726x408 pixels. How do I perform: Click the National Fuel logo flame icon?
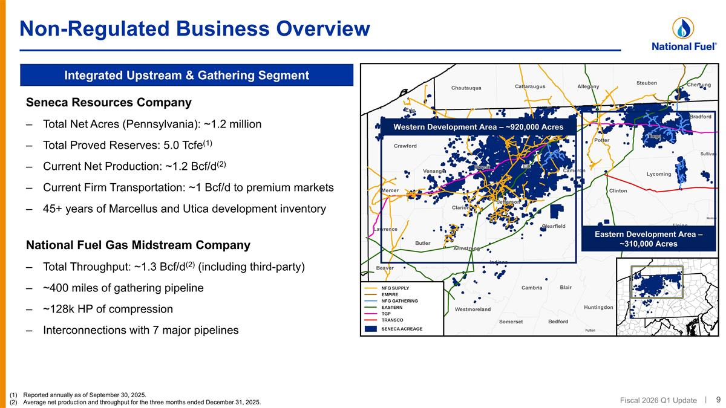683,28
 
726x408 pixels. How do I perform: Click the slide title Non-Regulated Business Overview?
194,28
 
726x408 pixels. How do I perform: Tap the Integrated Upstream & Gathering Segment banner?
186,75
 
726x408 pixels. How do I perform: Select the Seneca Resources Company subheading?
108,102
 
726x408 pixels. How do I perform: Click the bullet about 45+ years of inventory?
184,209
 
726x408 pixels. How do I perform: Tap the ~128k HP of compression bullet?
108,309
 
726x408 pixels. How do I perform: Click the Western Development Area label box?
478,127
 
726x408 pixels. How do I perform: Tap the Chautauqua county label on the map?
466,88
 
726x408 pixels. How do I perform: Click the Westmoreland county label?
473,309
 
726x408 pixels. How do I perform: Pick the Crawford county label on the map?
405,146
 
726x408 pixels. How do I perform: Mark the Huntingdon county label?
598,307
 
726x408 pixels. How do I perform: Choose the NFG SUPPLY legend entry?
395,288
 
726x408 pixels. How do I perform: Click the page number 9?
718,399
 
